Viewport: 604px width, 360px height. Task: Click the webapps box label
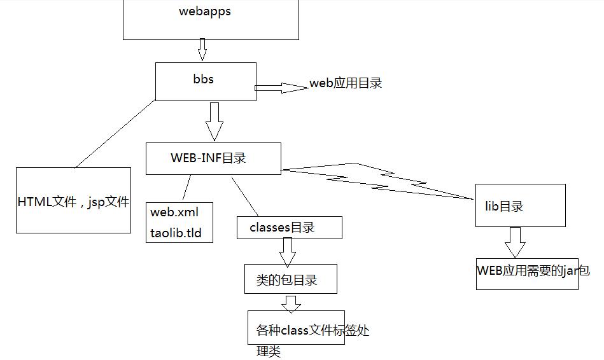tap(205, 11)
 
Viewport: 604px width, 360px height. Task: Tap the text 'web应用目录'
tap(346, 83)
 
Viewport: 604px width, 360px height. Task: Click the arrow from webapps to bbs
tap(202, 48)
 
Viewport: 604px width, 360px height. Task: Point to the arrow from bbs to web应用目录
tap(280, 88)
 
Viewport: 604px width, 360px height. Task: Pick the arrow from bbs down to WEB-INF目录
tap(214, 120)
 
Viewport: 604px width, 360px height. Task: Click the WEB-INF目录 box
tap(213, 158)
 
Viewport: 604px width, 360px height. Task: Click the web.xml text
tap(173, 211)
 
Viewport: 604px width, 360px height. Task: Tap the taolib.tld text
tap(176, 233)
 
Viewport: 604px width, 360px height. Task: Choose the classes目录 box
tap(289, 228)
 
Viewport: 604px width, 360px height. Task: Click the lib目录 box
tap(520, 205)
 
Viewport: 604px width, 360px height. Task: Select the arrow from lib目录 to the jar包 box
tap(514, 242)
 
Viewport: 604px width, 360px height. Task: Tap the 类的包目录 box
tap(290, 280)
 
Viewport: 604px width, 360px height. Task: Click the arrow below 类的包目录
tap(291, 303)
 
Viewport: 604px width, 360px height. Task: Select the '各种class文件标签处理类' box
tap(297, 329)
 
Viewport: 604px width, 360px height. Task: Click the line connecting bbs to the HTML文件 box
tap(115, 134)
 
